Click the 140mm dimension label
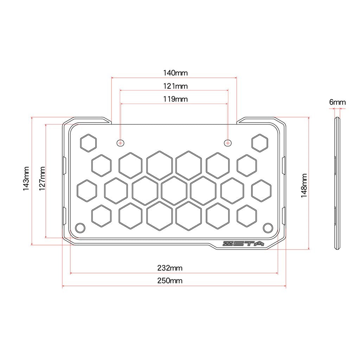[175, 73]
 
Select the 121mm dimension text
[175, 86]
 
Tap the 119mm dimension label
[175, 99]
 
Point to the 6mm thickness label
[337, 102]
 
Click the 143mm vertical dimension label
[26, 179]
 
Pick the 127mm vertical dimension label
[42, 179]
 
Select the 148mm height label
[304, 186]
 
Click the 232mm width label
[170, 268]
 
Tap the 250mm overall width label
[170, 281]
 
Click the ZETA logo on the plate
[243, 244]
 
